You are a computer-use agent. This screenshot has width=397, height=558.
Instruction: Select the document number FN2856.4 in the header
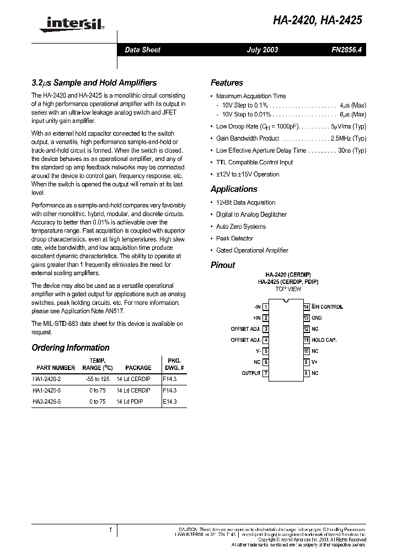click(347, 50)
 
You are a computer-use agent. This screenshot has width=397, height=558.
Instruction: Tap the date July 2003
click(262, 50)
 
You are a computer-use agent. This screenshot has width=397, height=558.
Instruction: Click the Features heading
click(227, 83)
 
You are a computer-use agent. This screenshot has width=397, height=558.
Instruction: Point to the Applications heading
click(234, 189)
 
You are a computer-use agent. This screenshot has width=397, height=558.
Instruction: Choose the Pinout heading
click(223, 265)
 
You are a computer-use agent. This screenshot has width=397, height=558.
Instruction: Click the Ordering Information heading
click(70, 347)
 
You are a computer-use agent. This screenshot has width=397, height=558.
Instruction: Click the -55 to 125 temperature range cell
click(95, 379)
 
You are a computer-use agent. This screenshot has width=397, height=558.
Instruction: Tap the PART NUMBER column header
click(55, 367)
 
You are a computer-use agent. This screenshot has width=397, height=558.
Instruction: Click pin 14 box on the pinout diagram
click(306, 307)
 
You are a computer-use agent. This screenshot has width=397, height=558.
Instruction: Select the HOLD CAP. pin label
click(324, 340)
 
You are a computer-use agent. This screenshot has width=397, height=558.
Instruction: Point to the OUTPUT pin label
click(251, 373)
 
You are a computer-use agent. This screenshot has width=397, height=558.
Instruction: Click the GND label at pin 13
click(316, 318)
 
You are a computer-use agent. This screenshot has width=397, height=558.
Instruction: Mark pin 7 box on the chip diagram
click(266, 373)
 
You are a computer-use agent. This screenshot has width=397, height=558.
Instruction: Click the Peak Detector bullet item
click(234, 238)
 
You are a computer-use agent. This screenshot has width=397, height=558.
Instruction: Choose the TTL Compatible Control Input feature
click(254, 162)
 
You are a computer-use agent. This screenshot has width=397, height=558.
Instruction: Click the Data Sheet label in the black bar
click(142, 50)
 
